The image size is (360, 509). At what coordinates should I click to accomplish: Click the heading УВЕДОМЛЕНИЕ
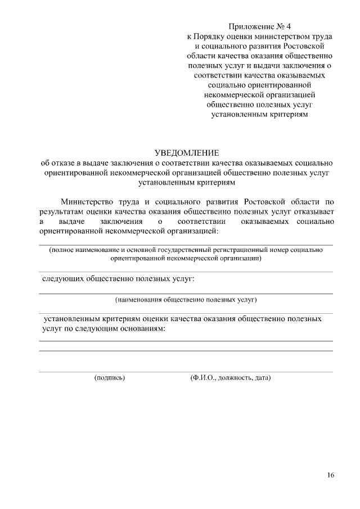186,153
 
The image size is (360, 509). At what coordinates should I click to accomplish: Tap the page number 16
330,476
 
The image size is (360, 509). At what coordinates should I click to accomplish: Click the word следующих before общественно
63,279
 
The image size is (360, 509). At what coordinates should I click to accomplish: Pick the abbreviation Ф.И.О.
204,378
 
